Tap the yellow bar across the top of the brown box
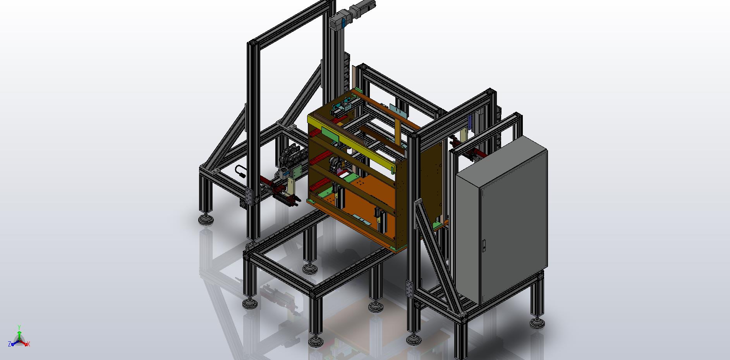356,143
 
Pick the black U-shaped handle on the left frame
240,171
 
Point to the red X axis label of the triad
29,344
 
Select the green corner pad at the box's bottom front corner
394,248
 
